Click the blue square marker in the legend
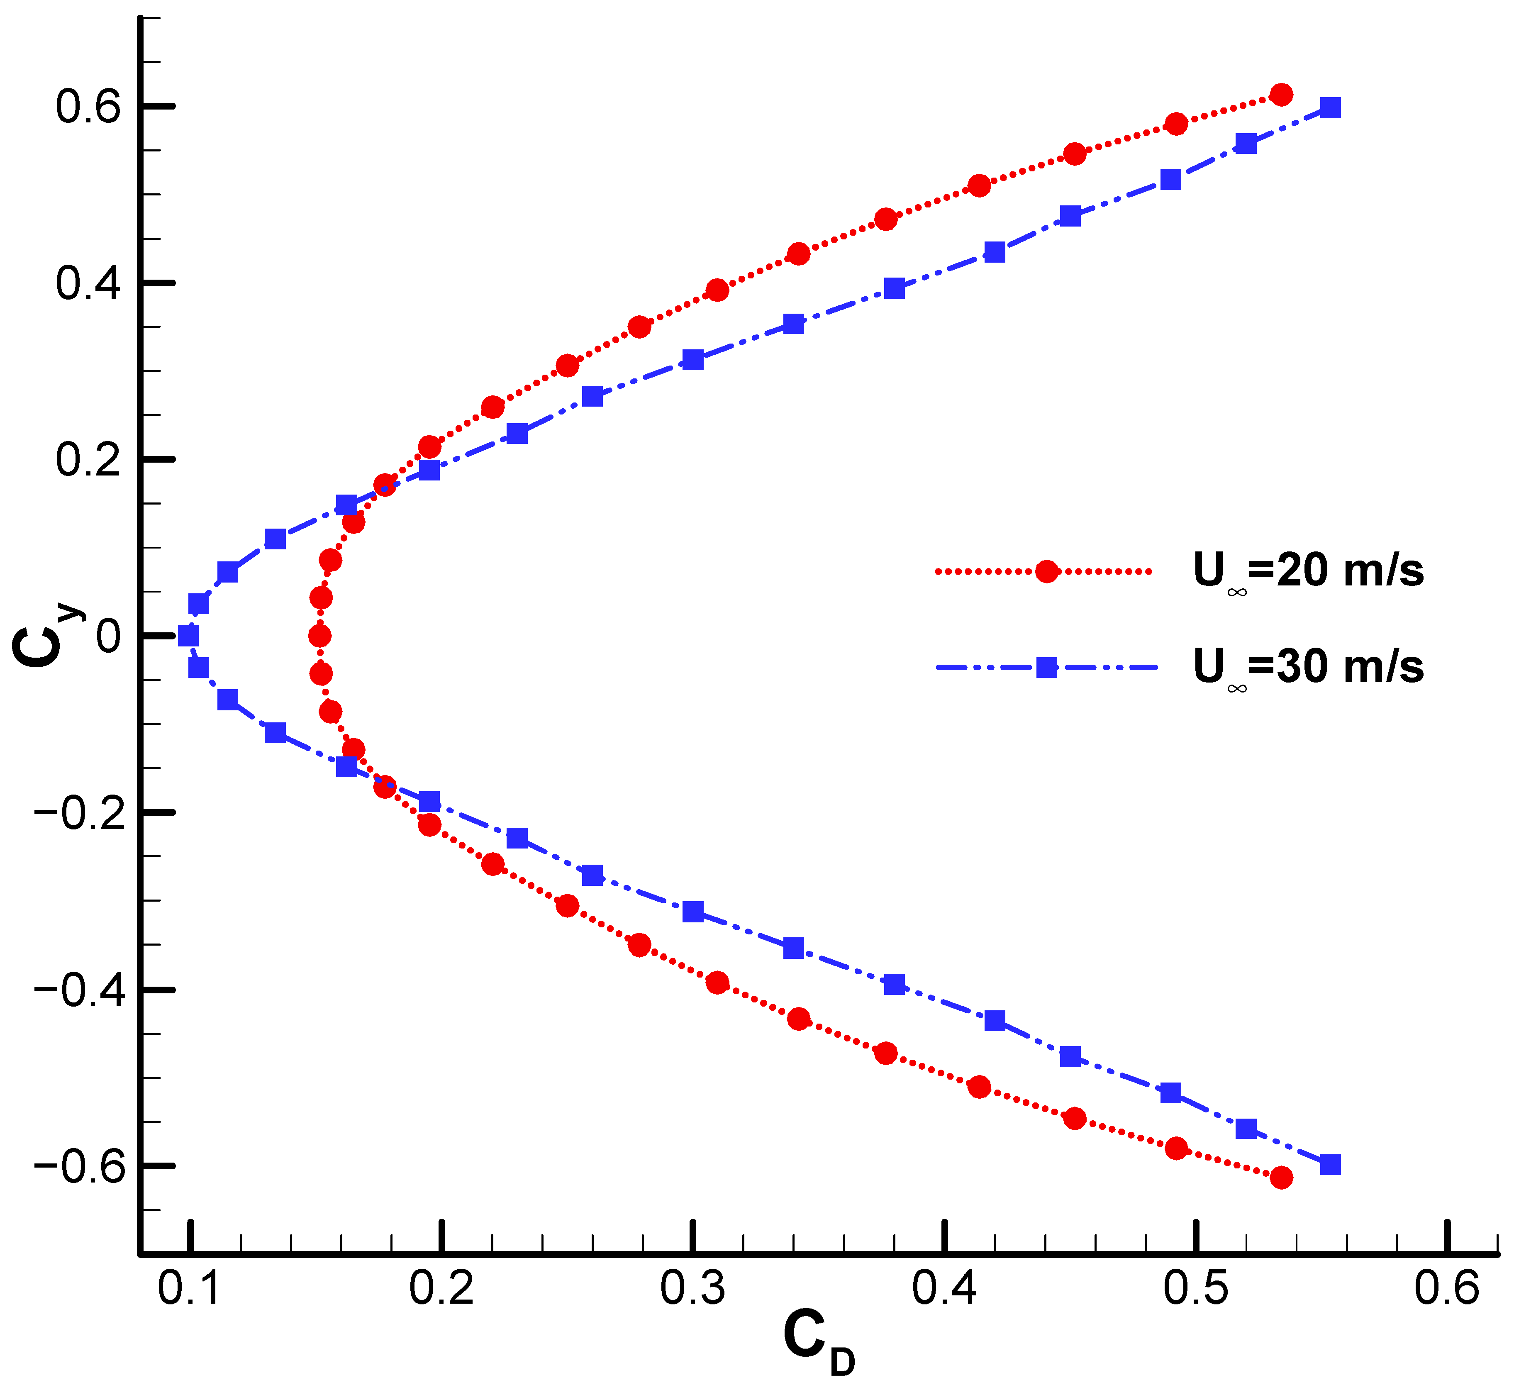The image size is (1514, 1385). (x=1046, y=667)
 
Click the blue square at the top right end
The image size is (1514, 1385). (x=1330, y=107)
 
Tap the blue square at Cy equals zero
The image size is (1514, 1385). (x=188, y=636)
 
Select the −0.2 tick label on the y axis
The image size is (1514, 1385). (x=78, y=813)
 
